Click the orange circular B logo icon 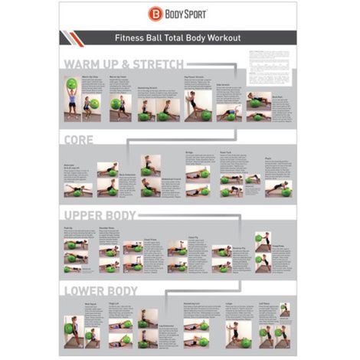[x=156, y=14]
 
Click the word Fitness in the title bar [x=129, y=37]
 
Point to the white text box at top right [x=270, y=66]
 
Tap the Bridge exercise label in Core [x=189, y=152]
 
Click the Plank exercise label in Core [x=268, y=159]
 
